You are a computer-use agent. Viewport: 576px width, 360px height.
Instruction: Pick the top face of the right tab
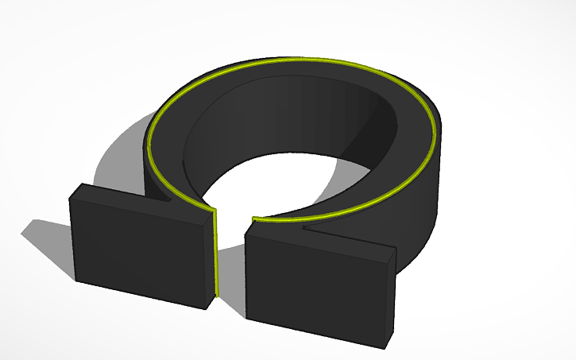318,238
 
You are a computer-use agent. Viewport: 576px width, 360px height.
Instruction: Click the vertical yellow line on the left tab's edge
215,254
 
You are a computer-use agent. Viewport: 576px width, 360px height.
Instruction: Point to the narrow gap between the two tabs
230,262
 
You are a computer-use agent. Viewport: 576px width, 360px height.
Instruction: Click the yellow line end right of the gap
253,219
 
